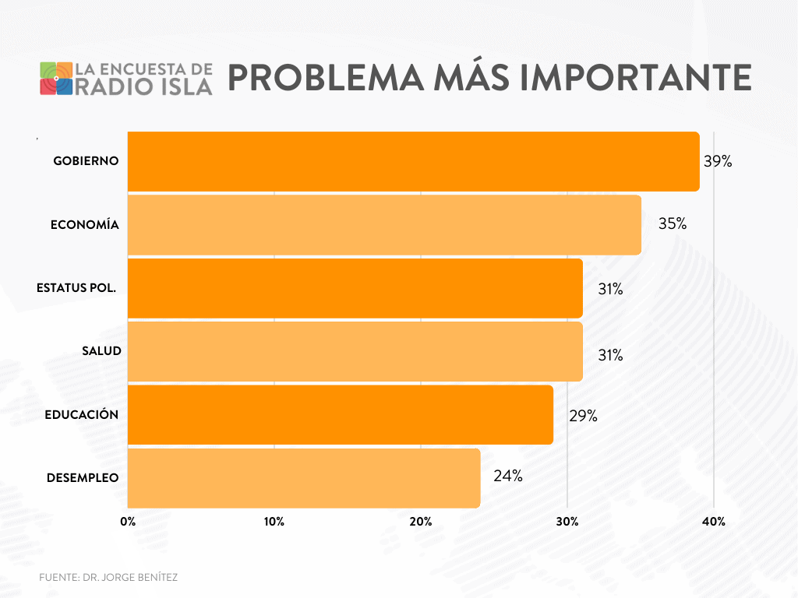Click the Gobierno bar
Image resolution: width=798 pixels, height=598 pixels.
(413, 161)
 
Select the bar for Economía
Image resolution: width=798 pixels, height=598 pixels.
(384, 224)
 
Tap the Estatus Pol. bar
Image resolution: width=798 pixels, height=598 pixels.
(355, 288)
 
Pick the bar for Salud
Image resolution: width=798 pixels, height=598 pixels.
(355, 351)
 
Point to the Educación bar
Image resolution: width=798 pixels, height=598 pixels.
(340, 415)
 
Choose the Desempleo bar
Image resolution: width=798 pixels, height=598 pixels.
(304, 478)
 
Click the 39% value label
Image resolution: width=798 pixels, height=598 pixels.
(718, 162)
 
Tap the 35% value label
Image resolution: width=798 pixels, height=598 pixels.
(672, 224)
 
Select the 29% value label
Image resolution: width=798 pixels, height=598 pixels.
(583, 416)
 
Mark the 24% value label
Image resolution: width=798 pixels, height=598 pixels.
(507, 476)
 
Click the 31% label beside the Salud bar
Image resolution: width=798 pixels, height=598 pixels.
(610, 355)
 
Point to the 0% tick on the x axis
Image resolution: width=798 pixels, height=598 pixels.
(128, 522)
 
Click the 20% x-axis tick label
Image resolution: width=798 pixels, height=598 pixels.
(421, 522)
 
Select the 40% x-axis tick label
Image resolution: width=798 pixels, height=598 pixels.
(714, 522)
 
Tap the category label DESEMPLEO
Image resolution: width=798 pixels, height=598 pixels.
(83, 477)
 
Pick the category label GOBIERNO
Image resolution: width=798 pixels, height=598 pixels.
(86, 161)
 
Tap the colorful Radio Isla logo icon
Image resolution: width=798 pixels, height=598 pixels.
(56, 78)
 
